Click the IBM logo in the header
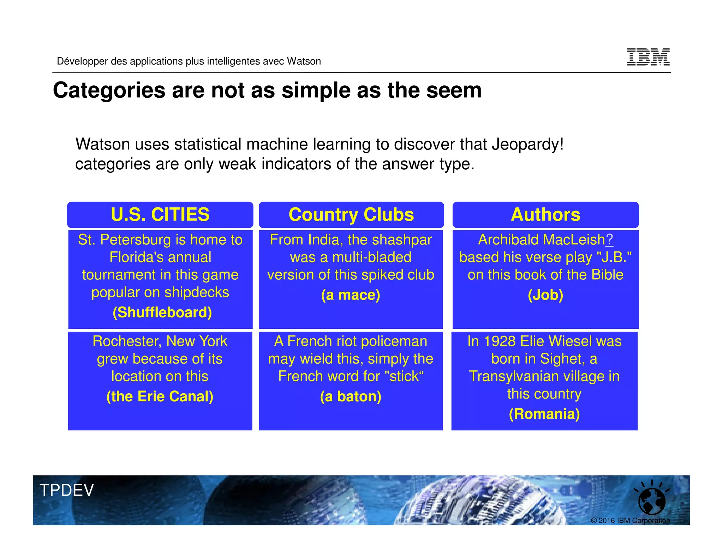coord(648,57)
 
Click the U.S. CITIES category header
coord(160,214)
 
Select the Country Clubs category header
coord(351,214)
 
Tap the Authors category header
coord(545,214)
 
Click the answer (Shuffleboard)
coord(162,313)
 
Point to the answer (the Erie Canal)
coord(160,396)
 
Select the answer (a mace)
coord(351,295)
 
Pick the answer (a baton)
coord(351,396)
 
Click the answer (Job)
coord(545,295)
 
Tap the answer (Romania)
coord(544,414)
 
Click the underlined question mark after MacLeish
coord(609,240)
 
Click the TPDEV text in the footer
coord(67,490)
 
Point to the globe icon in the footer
coord(652,501)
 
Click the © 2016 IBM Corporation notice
coord(630,521)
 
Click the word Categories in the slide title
coord(109,90)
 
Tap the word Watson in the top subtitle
coord(304,61)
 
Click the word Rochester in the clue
coord(127,341)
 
